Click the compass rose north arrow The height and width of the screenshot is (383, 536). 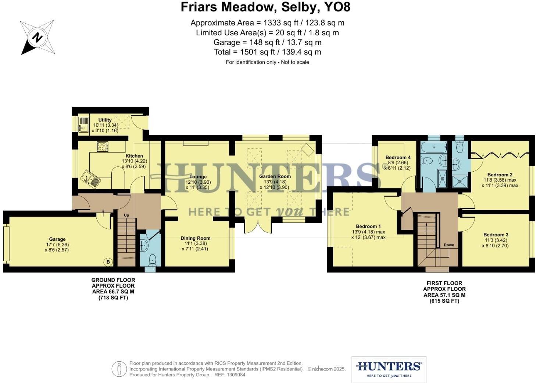(x=37, y=38)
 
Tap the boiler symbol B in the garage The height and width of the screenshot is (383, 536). (x=108, y=262)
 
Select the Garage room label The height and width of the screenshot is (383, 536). (x=57, y=239)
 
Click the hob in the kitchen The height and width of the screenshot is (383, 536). (x=102, y=147)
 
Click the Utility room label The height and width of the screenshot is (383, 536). (x=105, y=120)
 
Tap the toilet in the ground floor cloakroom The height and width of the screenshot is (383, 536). (x=153, y=261)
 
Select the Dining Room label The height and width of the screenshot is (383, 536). (x=195, y=238)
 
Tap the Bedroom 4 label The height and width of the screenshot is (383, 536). (x=398, y=158)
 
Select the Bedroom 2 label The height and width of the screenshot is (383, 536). (x=500, y=175)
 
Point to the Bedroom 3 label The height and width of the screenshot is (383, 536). (x=496, y=235)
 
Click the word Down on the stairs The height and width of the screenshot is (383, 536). (x=449, y=245)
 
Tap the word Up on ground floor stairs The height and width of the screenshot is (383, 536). (x=126, y=215)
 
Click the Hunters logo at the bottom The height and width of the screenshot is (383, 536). (x=389, y=369)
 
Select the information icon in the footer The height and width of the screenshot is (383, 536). (x=119, y=369)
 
